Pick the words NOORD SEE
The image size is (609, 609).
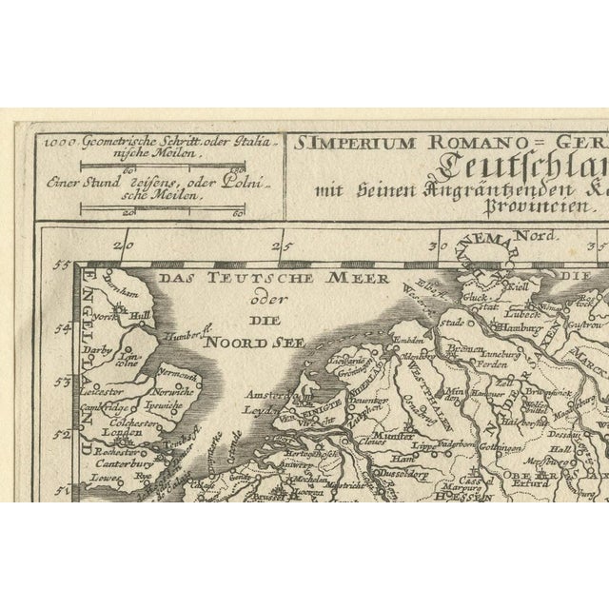(241, 339)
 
